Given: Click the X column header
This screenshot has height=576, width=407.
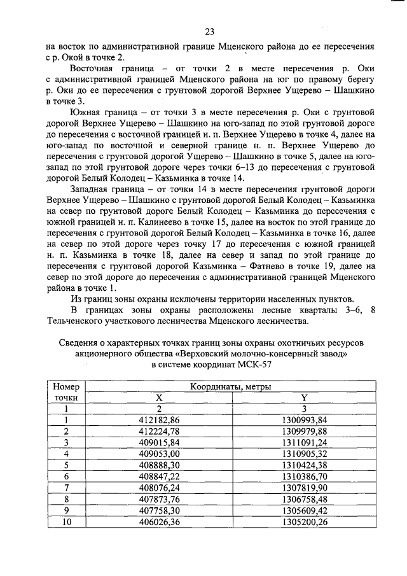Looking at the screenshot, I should click(160, 398).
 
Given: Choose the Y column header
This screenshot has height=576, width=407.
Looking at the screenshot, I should click(304, 398).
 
